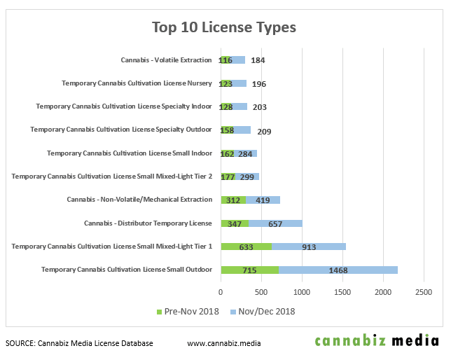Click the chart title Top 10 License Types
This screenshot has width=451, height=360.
[224, 27]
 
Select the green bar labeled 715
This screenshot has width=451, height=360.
[249, 270]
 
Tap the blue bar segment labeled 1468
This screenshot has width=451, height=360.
[338, 270]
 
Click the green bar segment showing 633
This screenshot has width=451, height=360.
[246, 247]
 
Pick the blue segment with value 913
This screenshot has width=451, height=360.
[309, 247]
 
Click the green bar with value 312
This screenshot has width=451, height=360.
[233, 200]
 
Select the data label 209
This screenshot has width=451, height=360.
[264, 131]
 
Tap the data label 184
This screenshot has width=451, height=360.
[258, 61]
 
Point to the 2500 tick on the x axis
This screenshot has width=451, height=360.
[423, 291]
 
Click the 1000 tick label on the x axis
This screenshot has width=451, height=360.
[302, 291]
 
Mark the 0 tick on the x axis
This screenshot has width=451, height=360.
[221, 291]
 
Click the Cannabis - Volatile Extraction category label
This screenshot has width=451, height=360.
[166, 60]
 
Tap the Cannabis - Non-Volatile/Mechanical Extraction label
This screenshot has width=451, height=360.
[139, 200]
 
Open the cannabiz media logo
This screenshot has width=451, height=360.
[377, 342]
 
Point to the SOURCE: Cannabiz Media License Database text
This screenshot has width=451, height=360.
[79, 343]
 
